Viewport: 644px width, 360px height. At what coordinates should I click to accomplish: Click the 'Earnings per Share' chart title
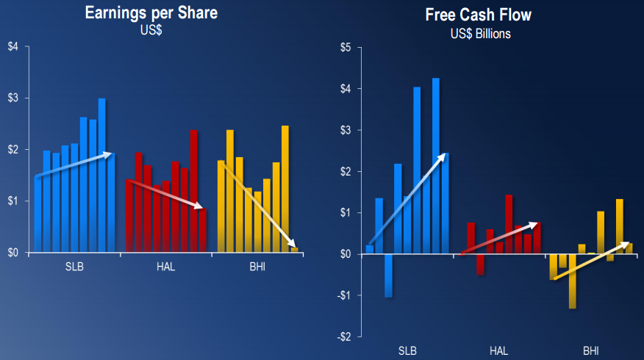[x=151, y=13]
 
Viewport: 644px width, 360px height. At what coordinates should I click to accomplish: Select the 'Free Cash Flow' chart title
[x=479, y=15]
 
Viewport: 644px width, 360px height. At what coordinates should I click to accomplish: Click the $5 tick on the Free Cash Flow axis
[x=346, y=48]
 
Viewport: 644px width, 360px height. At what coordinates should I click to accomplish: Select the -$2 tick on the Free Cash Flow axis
[x=343, y=336]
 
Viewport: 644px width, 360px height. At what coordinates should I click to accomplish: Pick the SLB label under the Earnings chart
[x=74, y=267]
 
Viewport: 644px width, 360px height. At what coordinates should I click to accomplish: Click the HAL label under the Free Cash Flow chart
[x=498, y=350]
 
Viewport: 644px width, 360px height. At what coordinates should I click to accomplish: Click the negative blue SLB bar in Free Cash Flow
[x=388, y=276]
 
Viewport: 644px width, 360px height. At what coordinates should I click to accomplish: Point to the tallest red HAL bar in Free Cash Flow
[x=508, y=224]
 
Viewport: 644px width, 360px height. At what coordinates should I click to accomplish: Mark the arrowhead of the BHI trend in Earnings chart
[x=293, y=245]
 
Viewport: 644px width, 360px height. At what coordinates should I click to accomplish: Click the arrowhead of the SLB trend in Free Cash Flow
[x=443, y=156]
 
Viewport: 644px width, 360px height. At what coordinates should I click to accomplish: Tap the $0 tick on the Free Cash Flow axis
[x=346, y=254]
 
